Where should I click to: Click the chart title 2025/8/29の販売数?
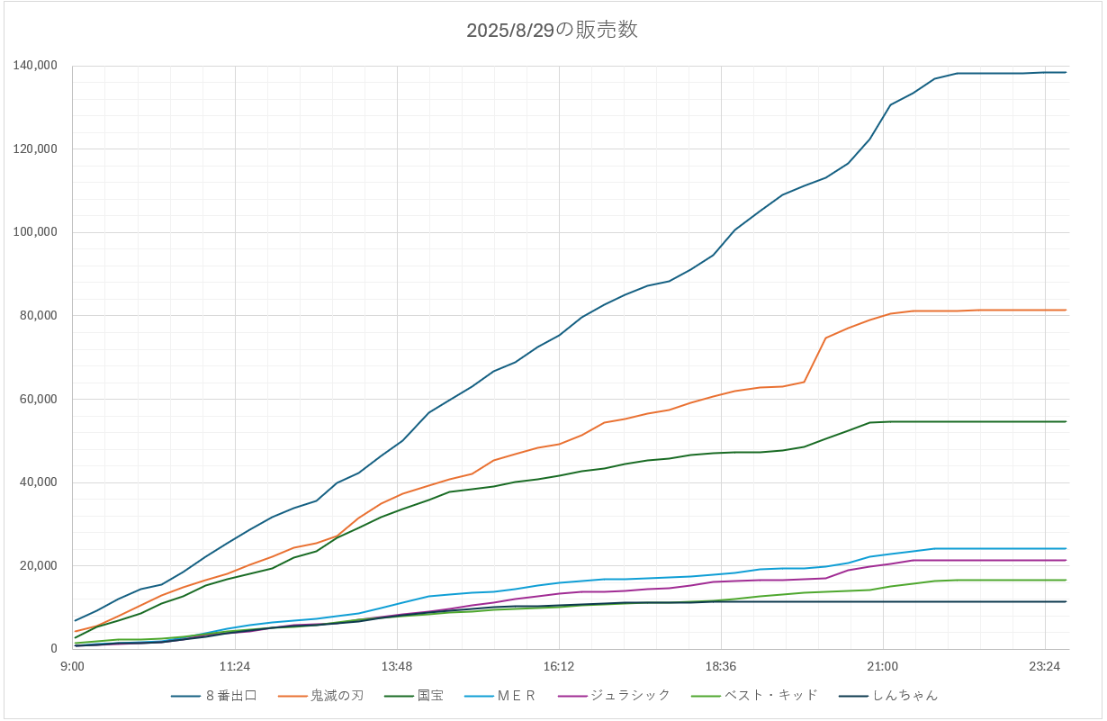[552, 30]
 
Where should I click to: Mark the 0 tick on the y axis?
[54, 649]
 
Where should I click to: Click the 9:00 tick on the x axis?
[72, 666]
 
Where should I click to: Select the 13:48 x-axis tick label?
[397, 666]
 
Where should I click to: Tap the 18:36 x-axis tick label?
[721, 666]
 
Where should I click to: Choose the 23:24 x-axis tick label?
[1044, 666]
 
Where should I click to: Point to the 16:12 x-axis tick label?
[559, 666]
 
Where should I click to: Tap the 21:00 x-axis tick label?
[882, 666]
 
